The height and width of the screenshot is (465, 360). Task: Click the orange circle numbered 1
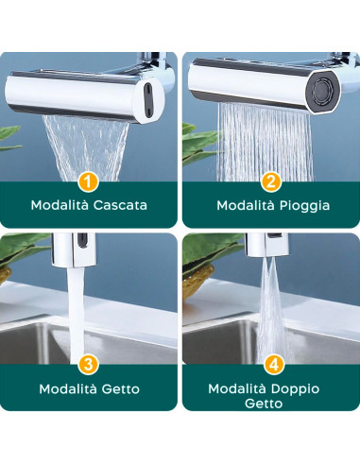point(89,181)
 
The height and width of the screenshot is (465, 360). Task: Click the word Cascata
point(122,204)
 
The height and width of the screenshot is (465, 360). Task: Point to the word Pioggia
point(304,204)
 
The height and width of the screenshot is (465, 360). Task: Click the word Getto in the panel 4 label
point(270,404)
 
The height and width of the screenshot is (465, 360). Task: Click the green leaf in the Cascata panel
point(9,132)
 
